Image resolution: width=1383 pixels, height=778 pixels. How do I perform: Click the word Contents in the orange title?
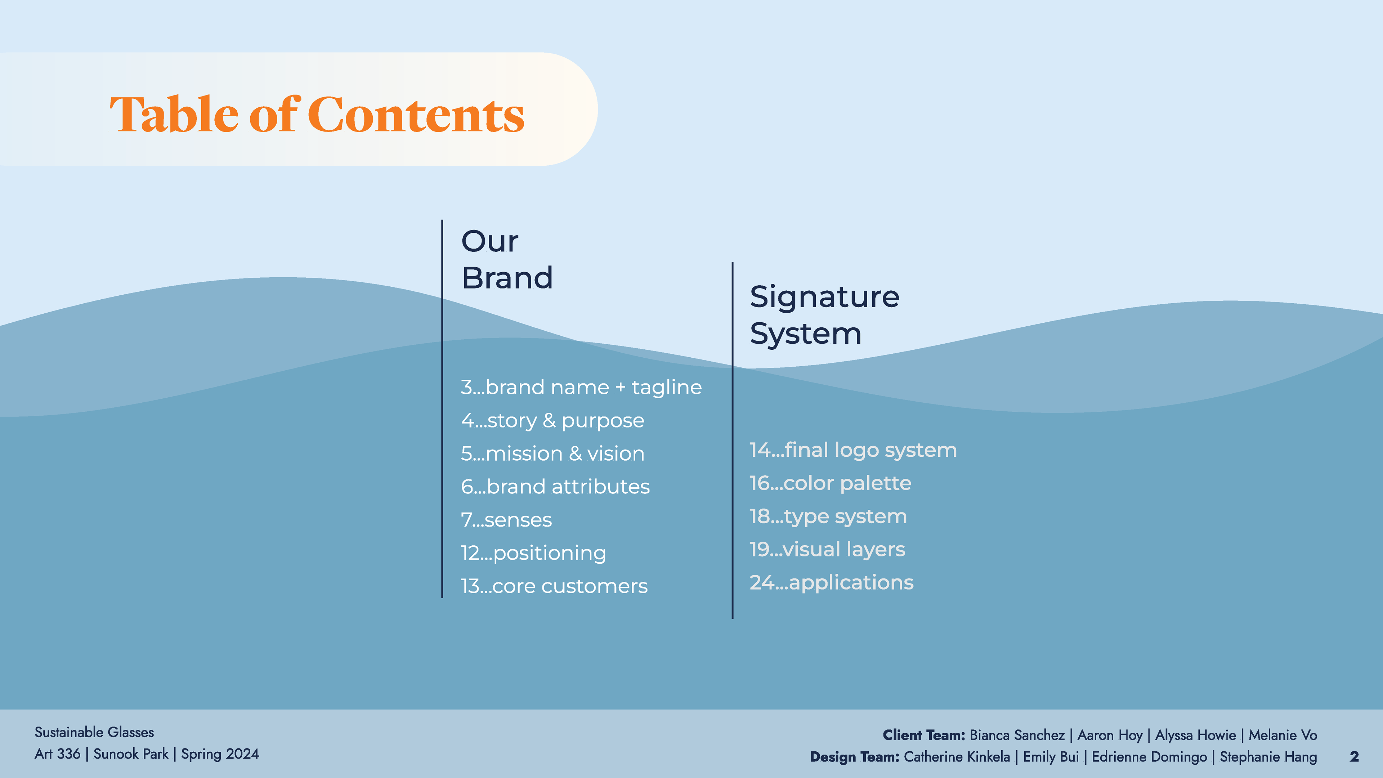click(x=416, y=115)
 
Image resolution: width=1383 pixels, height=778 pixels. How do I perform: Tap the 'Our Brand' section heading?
click(x=507, y=259)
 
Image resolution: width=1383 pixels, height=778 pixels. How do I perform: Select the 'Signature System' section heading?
click(x=824, y=315)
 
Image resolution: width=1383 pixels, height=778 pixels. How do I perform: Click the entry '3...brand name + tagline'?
click(x=581, y=388)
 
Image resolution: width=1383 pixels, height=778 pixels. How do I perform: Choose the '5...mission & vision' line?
click(x=552, y=454)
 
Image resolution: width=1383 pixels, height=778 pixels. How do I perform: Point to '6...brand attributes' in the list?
click(x=555, y=487)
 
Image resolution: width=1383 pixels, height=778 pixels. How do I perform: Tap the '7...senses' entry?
click(x=506, y=520)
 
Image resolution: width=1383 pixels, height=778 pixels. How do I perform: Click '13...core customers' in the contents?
click(x=554, y=586)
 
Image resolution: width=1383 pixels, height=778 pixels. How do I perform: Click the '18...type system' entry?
click(x=828, y=517)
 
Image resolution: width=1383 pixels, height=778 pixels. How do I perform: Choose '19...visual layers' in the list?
click(x=827, y=550)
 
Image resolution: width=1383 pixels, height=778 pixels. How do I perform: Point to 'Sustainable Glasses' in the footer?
click(x=94, y=732)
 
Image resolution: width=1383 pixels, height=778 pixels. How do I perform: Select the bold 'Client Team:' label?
click(x=923, y=735)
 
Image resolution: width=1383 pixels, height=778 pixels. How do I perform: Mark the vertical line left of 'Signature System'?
click(x=732, y=440)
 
